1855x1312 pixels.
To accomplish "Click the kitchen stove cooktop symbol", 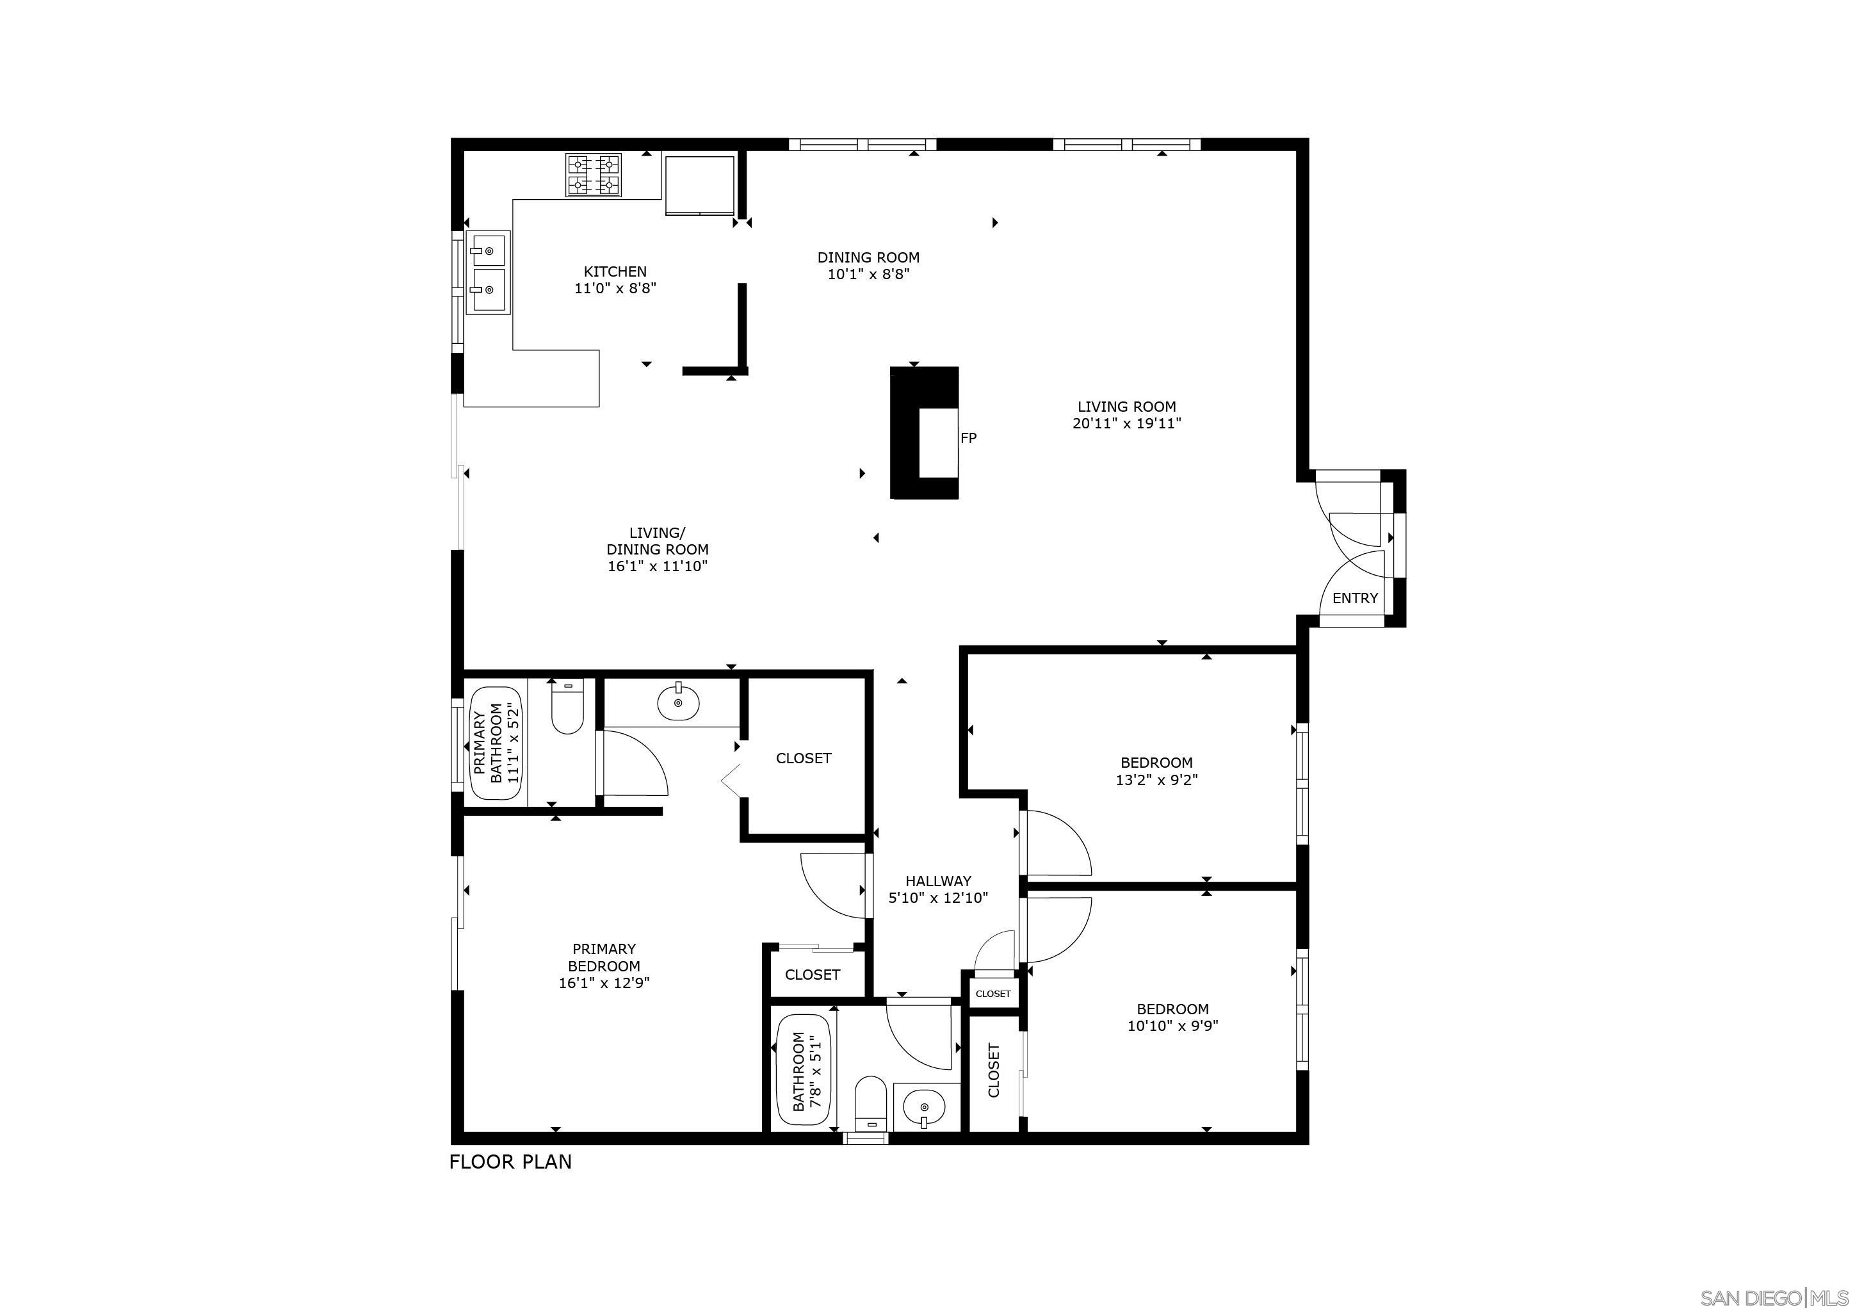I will tap(594, 175).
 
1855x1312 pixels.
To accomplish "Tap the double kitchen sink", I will tap(488, 272).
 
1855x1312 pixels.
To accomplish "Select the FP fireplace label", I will tap(968, 438).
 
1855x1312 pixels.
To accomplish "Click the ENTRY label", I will tap(1355, 598).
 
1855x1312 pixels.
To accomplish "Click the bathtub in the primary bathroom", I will tap(498, 743).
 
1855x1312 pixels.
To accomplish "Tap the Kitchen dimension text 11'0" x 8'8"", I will tap(615, 288).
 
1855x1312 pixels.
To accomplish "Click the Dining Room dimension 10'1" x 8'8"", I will tap(868, 275).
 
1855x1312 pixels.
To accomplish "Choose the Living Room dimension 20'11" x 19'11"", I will tap(1126, 423).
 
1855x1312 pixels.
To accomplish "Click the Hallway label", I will tap(938, 880).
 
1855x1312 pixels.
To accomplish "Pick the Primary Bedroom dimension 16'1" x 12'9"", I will tap(604, 983).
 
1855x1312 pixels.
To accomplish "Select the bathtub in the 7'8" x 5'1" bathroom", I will tap(804, 1071).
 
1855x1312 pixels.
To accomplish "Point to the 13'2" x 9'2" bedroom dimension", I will tap(1156, 781).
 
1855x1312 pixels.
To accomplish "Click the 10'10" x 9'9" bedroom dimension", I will tap(1172, 1026).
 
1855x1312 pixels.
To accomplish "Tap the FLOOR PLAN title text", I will tap(510, 1162).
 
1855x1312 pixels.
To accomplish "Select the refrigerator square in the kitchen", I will tap(700, 185).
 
